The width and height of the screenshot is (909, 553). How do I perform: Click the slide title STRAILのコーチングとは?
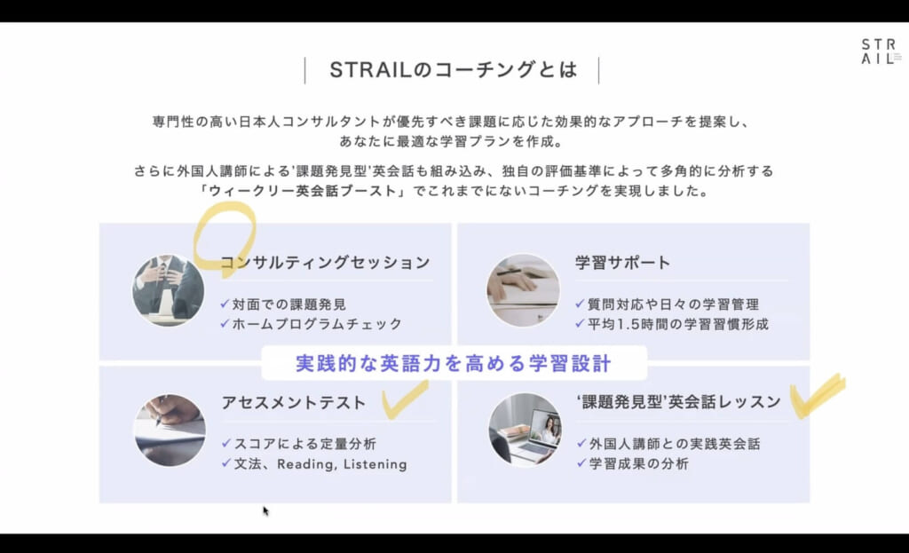[453, 70]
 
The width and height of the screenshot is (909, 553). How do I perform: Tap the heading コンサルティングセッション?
[325, 263]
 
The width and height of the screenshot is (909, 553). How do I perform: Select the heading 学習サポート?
[622, 263]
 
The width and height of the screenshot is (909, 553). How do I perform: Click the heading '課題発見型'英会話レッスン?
[677, 402]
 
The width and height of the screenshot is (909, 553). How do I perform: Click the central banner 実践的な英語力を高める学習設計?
[454, 364]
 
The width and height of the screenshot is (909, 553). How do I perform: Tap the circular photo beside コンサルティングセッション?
[169, 290]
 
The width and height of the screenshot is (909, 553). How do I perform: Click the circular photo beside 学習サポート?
[524, 290]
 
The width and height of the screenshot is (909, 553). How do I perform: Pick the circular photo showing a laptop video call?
[525, 430]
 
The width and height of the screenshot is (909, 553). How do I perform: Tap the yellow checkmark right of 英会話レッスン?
[816, 396]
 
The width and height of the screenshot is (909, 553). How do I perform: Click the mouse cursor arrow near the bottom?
[265, 510]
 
